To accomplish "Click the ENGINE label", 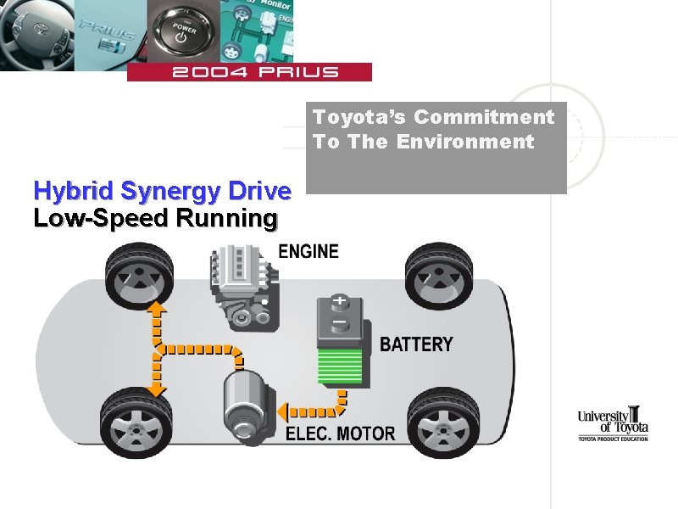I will (x=308, y=251).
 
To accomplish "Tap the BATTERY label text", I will (x=416, y=344).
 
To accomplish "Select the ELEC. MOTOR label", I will (x=340, y=433).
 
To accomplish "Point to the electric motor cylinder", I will (x=246, y=406).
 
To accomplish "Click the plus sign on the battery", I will (x=341, y=302).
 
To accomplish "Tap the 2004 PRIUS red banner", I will (x=249, y=72).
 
